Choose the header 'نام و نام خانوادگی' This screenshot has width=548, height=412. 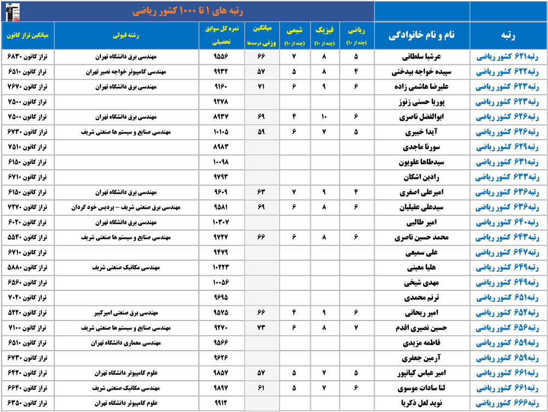point(422,35)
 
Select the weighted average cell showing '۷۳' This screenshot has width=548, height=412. point(261,329)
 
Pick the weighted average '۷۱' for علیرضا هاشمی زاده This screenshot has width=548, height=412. point(261,87)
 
